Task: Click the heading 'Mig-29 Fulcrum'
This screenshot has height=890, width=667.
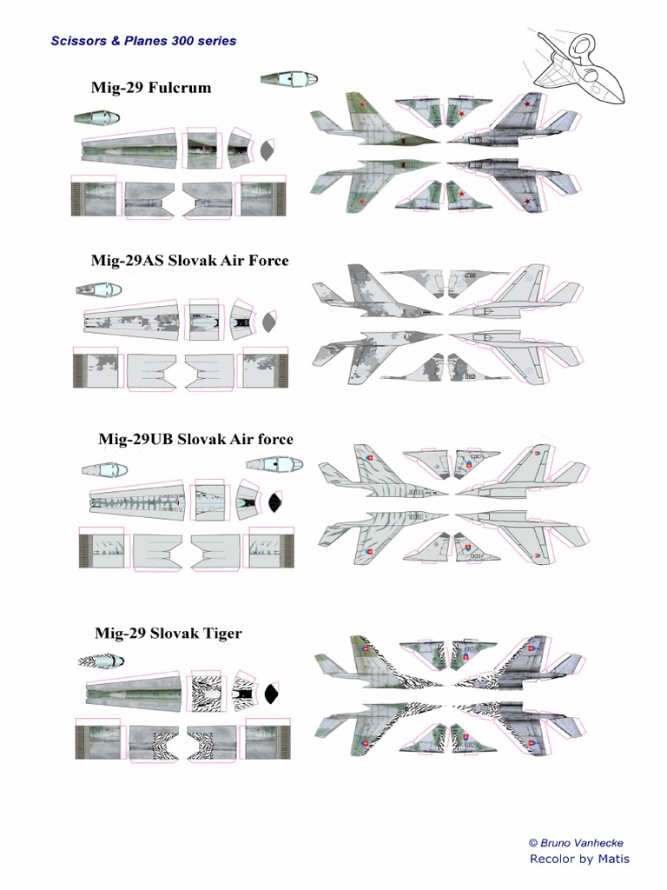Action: (x=151, y=88)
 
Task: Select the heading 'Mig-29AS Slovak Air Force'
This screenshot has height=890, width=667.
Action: (x=189, y=260)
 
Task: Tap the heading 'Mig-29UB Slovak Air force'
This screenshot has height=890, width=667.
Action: (x=195, y=439)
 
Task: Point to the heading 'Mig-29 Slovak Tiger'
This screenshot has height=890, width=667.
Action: (x=168, y=633)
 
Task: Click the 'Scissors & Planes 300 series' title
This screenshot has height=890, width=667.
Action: (x=144, y=41)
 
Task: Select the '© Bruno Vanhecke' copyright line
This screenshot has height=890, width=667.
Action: (x=576, y=842)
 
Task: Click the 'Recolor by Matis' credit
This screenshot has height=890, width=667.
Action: (x=579, y=859)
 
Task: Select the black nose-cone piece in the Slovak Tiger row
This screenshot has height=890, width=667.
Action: (x=272, y=694)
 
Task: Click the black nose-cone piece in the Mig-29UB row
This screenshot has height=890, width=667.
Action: (x=275, y=502)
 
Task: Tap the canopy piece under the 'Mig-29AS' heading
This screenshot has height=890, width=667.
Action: (x=98, y=289)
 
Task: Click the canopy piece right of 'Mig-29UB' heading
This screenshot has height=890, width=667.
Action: (x=274, y=464)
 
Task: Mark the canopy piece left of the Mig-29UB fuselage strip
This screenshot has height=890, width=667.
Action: (x=104, y=470)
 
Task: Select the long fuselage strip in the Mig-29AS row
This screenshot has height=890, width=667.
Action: (x=131, y=321)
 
